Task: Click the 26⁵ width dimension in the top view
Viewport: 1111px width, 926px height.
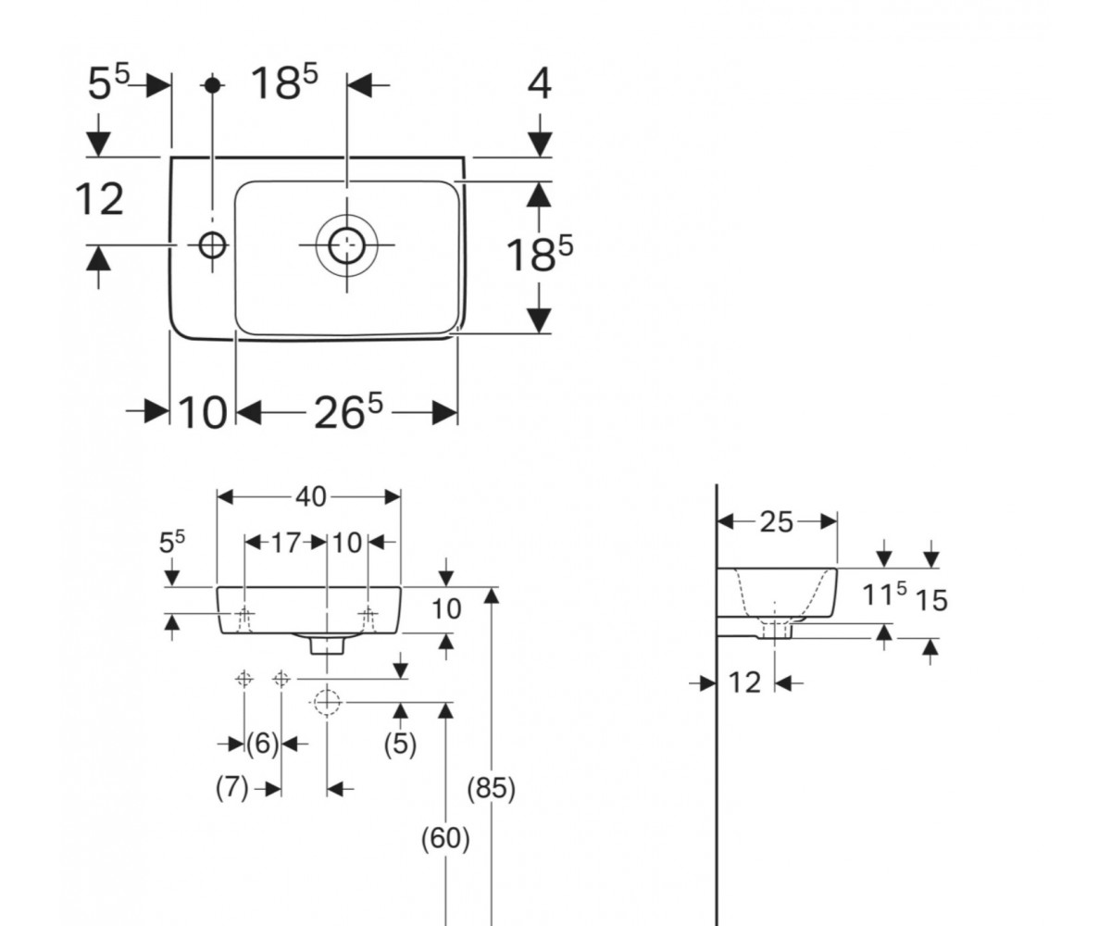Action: [348, 411]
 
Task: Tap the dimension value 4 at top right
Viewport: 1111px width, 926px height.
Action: [540, 86]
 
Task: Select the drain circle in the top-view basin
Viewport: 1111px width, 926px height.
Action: [347, 245]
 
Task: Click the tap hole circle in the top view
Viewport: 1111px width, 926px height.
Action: [213, 245]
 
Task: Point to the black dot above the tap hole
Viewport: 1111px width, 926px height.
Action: [213, 84]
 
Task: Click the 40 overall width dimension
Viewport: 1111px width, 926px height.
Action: [311, 497]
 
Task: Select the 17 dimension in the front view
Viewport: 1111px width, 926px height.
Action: [286, 543]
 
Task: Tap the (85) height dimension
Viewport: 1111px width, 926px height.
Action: [491, 788]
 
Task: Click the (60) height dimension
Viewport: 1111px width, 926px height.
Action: [445, 839]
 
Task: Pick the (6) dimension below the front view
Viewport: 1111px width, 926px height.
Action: [262, 743]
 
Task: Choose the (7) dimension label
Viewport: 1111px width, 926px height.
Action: [232, 788]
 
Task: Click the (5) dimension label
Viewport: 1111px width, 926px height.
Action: [400, 744]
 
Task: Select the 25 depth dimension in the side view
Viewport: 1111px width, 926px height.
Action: [777, 522]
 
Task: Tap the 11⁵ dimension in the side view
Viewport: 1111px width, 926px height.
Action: [884, 594]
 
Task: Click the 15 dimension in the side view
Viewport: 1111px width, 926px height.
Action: [931, 601]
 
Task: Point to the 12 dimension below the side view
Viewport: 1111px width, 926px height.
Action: [744, 682]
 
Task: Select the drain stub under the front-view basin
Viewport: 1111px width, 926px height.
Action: [327, 645]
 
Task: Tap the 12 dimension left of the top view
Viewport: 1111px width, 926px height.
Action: [99, 200]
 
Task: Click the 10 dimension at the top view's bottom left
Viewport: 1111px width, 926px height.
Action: [202, 412]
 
